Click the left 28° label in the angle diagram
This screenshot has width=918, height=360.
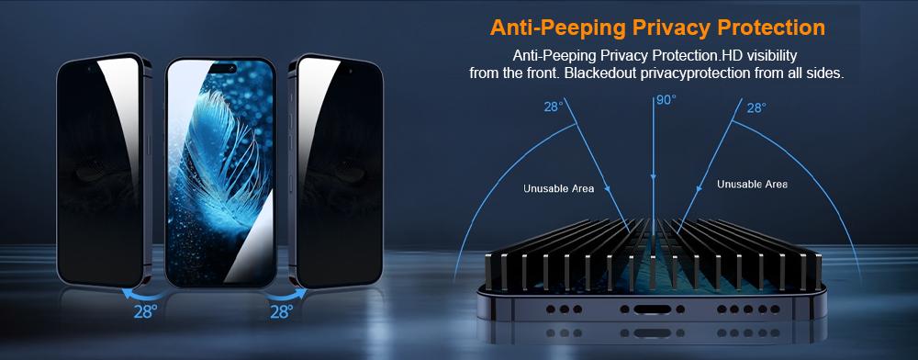point(553,107)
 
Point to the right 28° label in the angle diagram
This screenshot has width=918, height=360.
point(756,107)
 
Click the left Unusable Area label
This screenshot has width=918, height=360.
point(558,188)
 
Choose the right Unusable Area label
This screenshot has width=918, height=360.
point(752,184)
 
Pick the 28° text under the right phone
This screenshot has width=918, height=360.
point(281,311)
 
